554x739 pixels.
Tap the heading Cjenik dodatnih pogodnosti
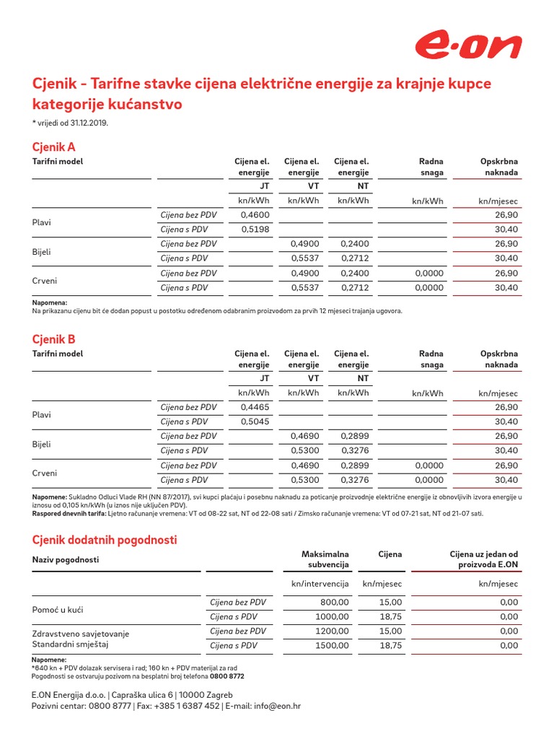pyautogui.click(x=105, y=540)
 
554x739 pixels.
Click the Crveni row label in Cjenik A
pyautogui.click(x=45, y=281)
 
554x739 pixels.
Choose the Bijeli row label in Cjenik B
pyautogui.click(x=43, y=444)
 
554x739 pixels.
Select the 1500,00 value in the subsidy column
pyautogui.click(x=332, y=646)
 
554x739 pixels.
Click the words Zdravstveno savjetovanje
pyautogui.click(x=81, y=634)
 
